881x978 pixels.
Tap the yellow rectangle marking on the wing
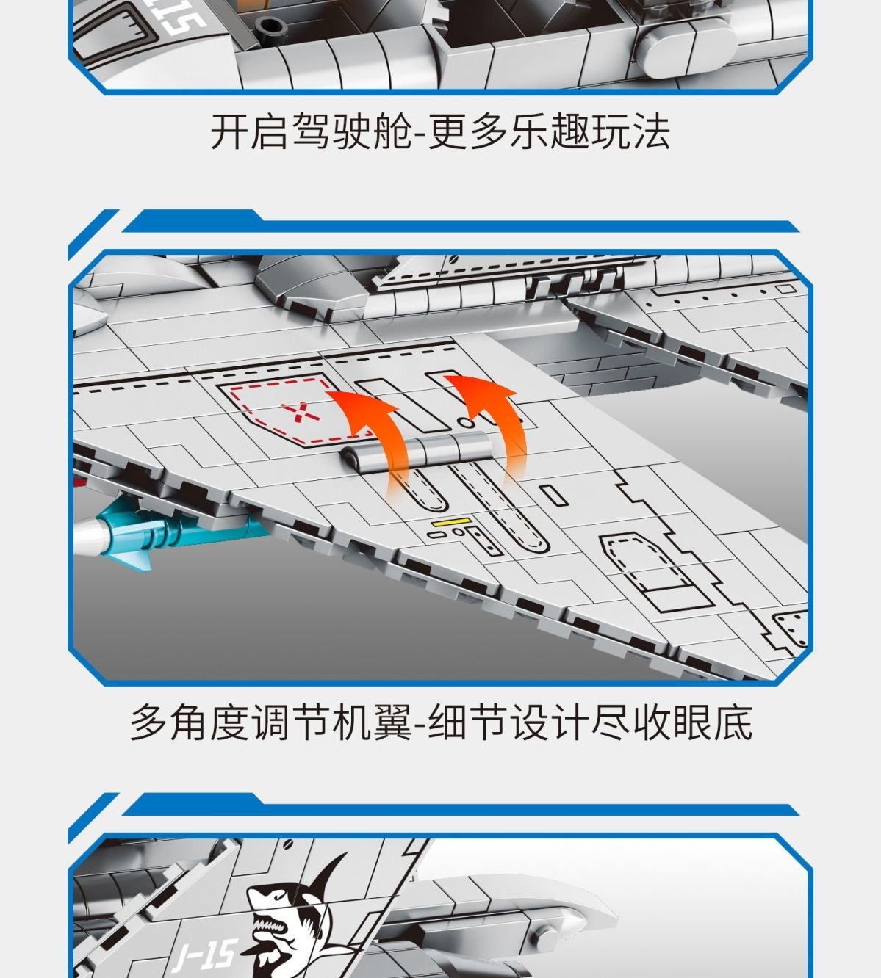(x=450, y=522)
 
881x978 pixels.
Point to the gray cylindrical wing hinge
(x=417, y=452)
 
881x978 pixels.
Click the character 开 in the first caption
(x=229, y=131)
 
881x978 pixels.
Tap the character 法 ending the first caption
(x=651, y=131)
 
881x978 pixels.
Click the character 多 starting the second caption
(x=149, y=723)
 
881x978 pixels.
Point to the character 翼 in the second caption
(x=392, y=723)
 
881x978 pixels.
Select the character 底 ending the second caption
(x=733, y=723)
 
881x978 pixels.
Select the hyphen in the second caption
(x=420, y=725)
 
